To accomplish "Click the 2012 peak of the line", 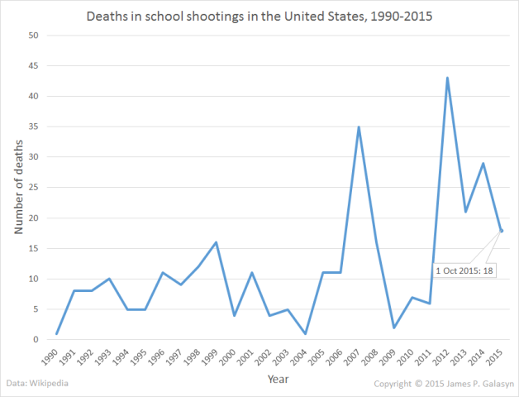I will tap(447, 78).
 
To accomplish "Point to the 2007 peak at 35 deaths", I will tap(357, 127).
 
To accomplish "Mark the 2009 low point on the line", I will tap(393, 328).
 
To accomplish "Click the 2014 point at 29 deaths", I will tap(483, 163).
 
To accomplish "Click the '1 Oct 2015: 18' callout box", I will tap(463, 270).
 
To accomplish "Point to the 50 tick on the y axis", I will tap(33, 36).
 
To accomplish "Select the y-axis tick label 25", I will tap(33, 188).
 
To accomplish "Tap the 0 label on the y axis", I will tap(36, 340).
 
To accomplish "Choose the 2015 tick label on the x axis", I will tap(498, 357).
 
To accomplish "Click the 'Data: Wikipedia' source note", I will tap(39, 385).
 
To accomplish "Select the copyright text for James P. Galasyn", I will tap(442, 385).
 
